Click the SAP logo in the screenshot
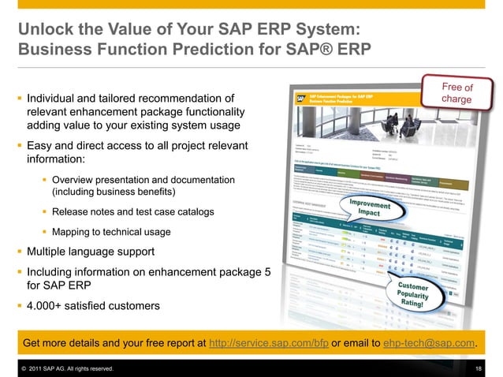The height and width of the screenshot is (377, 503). click(x=300, y=99)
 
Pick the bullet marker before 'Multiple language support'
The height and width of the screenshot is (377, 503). click(x=20, y=252)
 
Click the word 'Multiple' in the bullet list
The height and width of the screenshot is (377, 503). click(x=49, y=252)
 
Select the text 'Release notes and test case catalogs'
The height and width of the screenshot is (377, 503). click(x=132, y=213)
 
